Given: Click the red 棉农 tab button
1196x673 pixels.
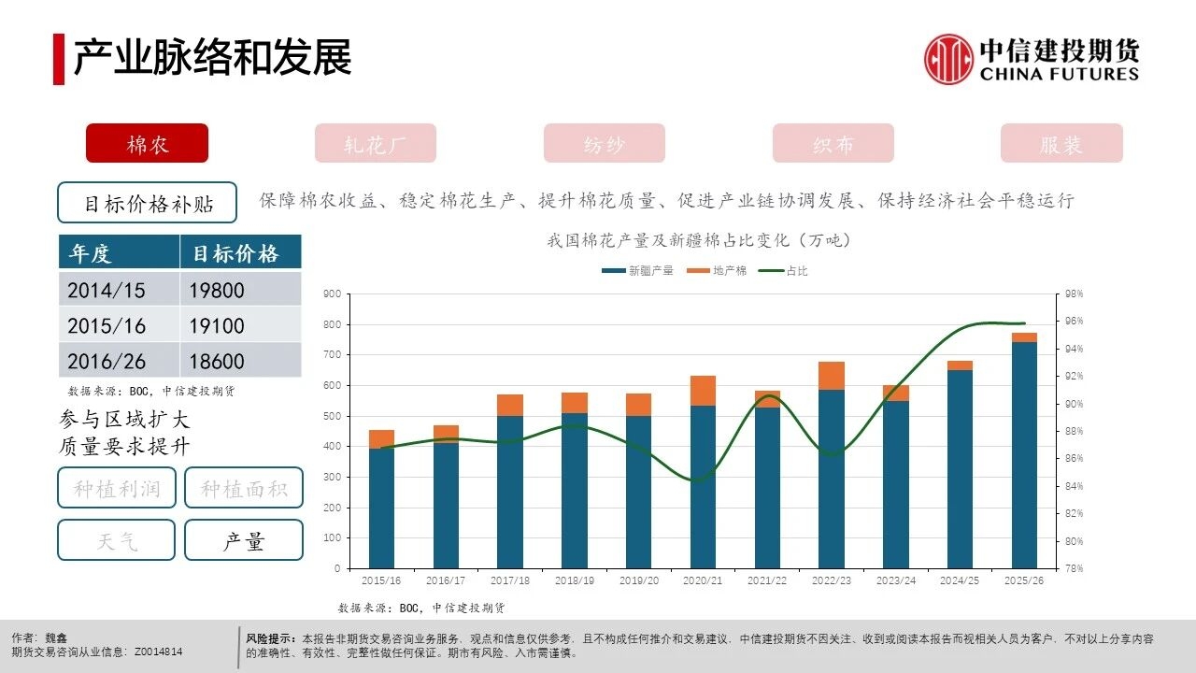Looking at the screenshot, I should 147,144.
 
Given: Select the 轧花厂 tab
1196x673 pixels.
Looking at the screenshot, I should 376,144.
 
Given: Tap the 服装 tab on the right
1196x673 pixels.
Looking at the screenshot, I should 1061,144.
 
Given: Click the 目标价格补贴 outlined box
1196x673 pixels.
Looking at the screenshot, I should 148,203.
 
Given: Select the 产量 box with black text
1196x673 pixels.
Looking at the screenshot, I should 244,540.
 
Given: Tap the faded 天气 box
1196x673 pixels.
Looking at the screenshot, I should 117,540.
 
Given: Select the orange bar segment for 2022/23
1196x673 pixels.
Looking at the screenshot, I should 832,376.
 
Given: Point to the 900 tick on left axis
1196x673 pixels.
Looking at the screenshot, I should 331,294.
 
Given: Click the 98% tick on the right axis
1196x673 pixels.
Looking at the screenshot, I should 1074,294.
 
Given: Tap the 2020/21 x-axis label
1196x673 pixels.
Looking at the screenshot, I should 703,580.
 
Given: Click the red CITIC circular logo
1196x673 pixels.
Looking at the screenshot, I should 948,59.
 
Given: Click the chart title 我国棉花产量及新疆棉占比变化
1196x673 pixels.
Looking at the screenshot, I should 699,240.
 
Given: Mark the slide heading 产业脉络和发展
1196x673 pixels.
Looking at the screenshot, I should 213,58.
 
